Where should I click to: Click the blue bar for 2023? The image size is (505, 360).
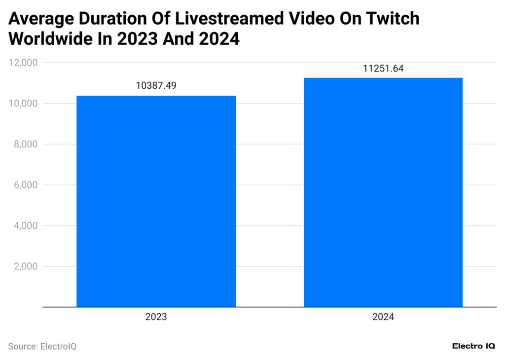pyautogui.click(x=156, y=201)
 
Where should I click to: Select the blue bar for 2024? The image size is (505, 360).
pyautogui.click(x=383, y=192)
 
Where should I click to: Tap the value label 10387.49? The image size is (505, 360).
pyautogui.click(x=156, y=86)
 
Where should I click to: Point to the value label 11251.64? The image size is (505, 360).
pyautogui.click(x=383, y=69)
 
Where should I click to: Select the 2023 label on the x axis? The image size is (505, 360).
pyautogui.click(x=156, y=318)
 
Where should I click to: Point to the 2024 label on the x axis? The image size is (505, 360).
pyautogui.click(x=383, y=318)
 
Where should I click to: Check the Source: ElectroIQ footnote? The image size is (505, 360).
pyautogui.click(x=42, y=347)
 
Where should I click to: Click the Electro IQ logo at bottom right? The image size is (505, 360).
pyautogui.click(x=473, y=347)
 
